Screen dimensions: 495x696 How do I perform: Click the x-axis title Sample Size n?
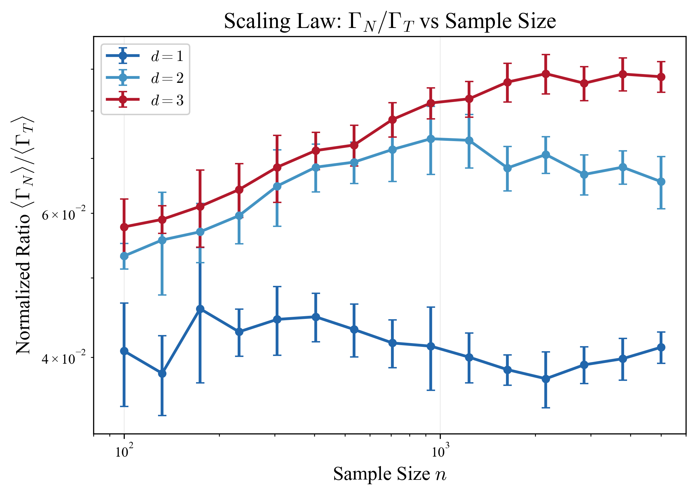tap(390, 474)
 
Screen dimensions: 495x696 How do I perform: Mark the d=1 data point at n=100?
tap(124, 351)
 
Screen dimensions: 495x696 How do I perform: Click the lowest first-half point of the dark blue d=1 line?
tap(162, 373)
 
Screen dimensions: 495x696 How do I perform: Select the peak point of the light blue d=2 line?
tap(431, 139)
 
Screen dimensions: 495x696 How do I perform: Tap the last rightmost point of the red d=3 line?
tap(661, 77)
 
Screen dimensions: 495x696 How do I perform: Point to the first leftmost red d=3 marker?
tap(124, 227)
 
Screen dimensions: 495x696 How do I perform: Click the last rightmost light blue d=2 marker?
tap(661, 182)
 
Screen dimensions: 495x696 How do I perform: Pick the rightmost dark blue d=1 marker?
tap(661, 347)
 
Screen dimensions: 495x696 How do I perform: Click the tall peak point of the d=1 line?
tap(200, 309)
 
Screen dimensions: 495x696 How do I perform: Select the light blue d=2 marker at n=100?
tap(124, 256)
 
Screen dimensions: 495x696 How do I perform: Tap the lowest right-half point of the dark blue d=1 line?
tap(546, 379)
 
